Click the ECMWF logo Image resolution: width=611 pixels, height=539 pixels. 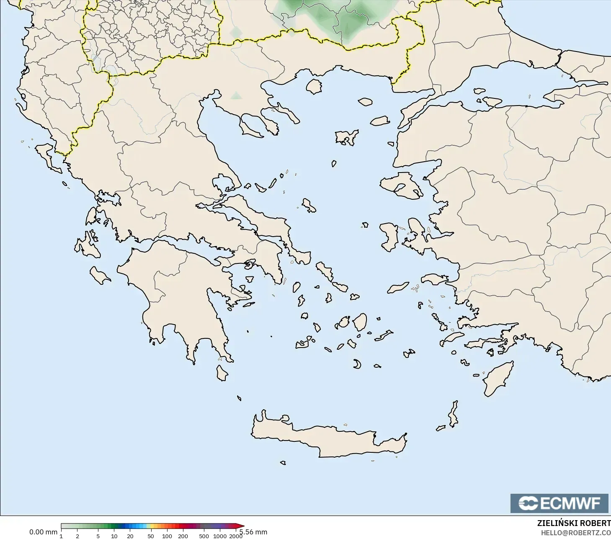559,503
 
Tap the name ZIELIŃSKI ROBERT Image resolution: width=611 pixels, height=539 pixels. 574,524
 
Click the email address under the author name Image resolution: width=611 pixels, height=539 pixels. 575,533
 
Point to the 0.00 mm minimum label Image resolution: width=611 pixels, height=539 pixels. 43,532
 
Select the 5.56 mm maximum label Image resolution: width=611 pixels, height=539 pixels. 253,532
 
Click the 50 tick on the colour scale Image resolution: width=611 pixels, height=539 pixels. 151,536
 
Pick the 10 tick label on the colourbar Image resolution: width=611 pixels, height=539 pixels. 114,536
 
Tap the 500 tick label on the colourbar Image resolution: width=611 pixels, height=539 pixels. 204,536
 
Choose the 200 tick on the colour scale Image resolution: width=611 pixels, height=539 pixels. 183,536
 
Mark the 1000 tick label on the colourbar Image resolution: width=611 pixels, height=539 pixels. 220,536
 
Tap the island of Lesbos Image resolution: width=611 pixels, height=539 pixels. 400,184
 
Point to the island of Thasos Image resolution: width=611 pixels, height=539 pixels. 314,86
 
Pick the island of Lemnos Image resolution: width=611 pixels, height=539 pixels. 347,137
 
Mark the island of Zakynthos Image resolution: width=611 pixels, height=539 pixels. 100,275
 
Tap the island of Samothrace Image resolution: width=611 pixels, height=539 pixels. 365,101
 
